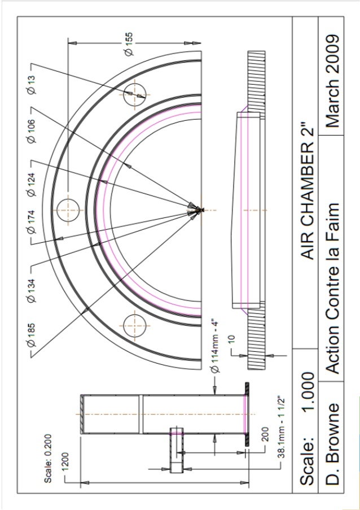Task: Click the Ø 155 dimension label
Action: (129, 43)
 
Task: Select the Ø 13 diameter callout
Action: (31, 86)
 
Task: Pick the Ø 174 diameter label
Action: (31, 224)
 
